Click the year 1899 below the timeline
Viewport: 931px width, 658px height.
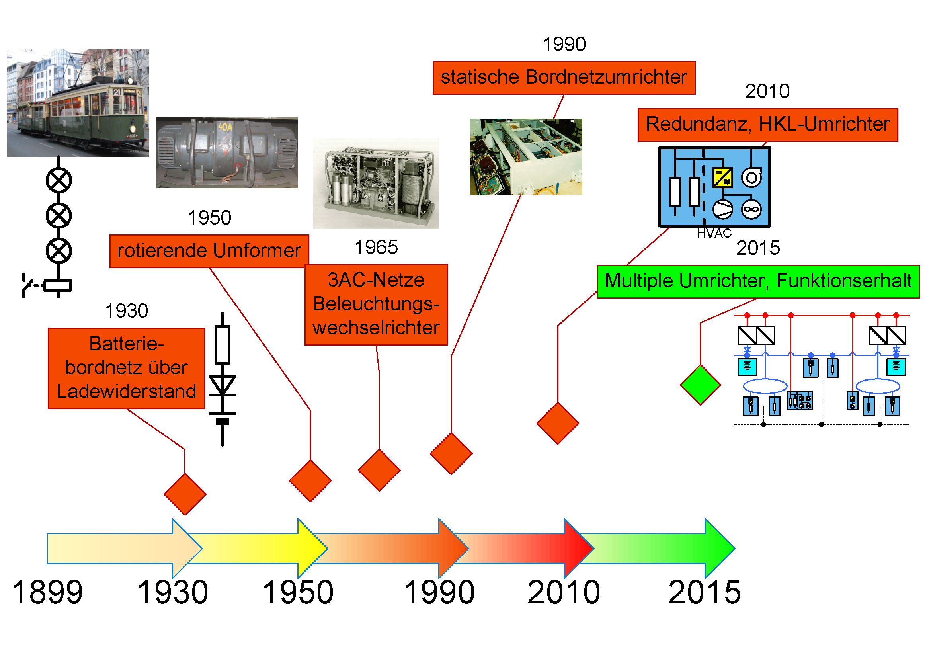tap(47, 592)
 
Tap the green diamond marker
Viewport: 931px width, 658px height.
tap(700, 385)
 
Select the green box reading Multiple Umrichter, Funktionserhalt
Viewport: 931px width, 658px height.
tap(758, 281)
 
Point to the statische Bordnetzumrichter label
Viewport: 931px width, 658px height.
tap(564, 78)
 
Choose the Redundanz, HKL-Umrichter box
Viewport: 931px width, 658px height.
tap(767, 125)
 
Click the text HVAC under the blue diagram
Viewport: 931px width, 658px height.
tap(714, 234)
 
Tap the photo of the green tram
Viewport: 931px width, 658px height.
tap(78, 103)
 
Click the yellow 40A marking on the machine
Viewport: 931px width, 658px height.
tap(225, 127)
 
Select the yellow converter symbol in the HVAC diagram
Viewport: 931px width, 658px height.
tap(722, 177)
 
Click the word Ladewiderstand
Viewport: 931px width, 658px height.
tap(126, 392)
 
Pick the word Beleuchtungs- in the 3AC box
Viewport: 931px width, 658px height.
tap(376, 304)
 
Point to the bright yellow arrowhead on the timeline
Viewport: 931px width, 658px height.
tap(312, 549)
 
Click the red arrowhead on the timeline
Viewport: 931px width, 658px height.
tap(579, 549)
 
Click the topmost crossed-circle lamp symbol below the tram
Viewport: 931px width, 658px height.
tap(59, 180)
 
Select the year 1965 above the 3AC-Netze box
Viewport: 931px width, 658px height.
tap(376, 247)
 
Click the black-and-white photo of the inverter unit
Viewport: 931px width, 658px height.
tap(376, 183)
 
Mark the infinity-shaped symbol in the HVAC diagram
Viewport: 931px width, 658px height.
tap(751, 210)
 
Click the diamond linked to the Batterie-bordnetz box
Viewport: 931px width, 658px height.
tap(185, 494)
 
